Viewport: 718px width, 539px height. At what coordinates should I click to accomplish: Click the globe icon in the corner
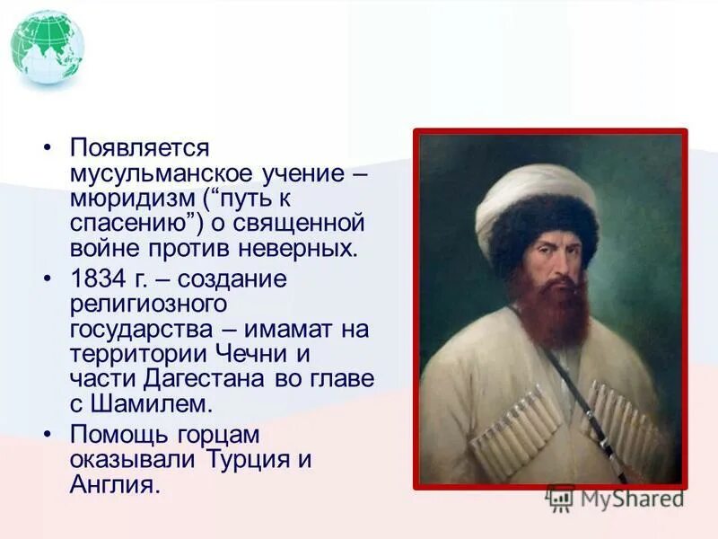pos(48,47)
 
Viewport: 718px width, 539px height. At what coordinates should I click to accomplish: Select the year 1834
pos(95,279)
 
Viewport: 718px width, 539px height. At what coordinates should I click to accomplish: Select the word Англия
pos(114,485)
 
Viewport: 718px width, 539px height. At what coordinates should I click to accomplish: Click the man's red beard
pos(551,310)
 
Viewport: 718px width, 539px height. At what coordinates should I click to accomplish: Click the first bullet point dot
pos(51,147)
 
